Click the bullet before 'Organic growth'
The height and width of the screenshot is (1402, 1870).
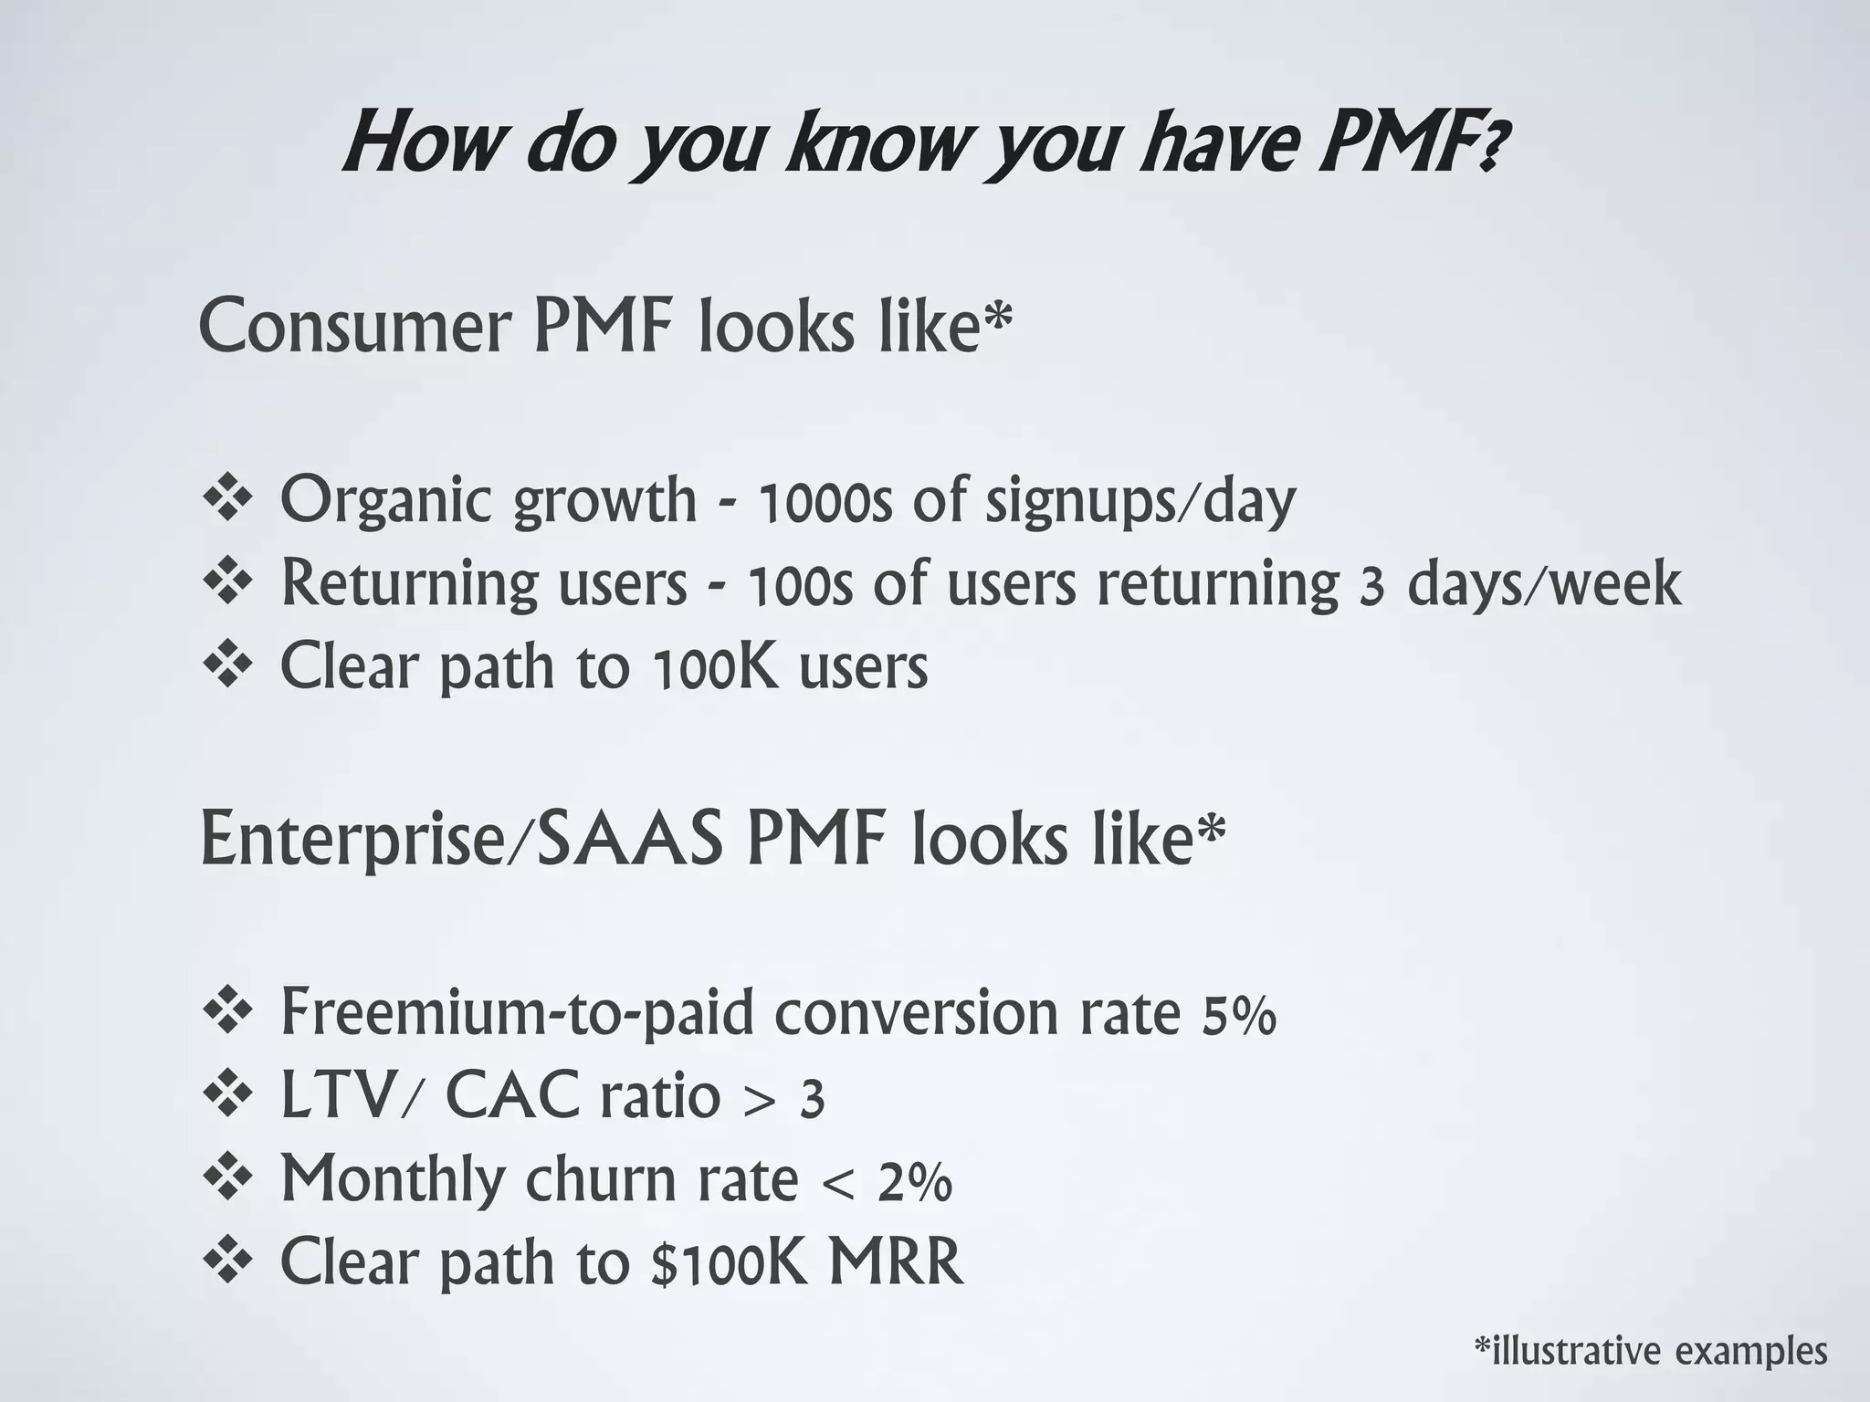coord(227,499)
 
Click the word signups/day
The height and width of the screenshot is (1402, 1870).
coord(1140,501)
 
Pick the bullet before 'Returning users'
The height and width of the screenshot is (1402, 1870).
coord(227,582)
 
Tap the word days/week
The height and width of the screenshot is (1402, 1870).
coord(1544,584)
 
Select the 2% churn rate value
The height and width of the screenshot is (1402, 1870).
coord(915,1181)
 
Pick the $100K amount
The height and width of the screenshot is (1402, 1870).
coord(729,1262)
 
